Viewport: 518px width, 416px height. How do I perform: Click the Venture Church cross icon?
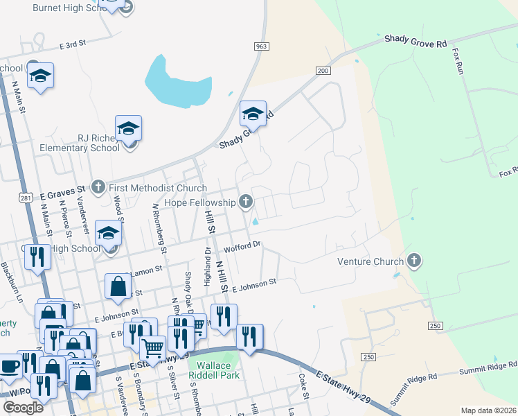coord(414,261)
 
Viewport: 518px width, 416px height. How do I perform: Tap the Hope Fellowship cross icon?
coord(245,202)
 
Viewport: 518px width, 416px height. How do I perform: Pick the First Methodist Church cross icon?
coord(98,187)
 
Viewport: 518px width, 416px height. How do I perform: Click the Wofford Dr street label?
coord(242,247)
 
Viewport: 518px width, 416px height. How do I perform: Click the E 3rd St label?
coord(72,44)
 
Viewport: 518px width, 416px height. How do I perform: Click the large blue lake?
coord(168,82)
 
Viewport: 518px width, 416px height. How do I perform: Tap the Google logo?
coord(23,408)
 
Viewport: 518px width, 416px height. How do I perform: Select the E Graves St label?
coord(62,189)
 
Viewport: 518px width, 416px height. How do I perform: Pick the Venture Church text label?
coord(370,262)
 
